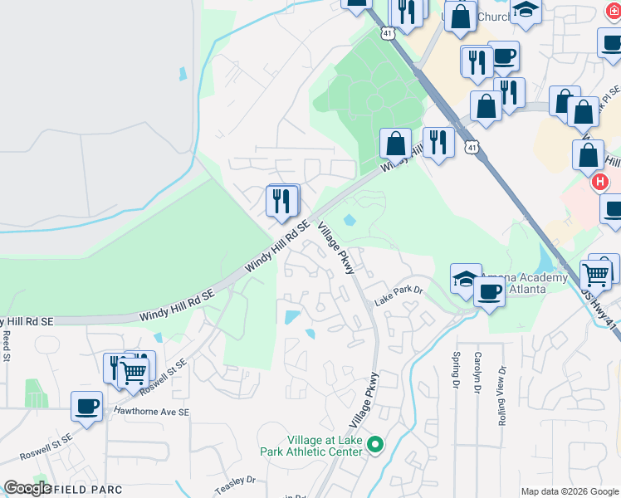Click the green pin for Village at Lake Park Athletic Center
pos(374,446)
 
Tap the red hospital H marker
pos(599,181)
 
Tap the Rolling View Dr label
pos(502,396)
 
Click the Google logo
pos(27,488)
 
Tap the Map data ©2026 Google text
pos(570,491)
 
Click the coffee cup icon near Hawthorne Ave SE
pos(86,407)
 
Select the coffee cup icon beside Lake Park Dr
pos(490,292)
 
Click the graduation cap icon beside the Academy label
pos(467,280)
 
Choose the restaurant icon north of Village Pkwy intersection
pos(282,201)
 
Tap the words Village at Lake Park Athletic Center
pos(325,446)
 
